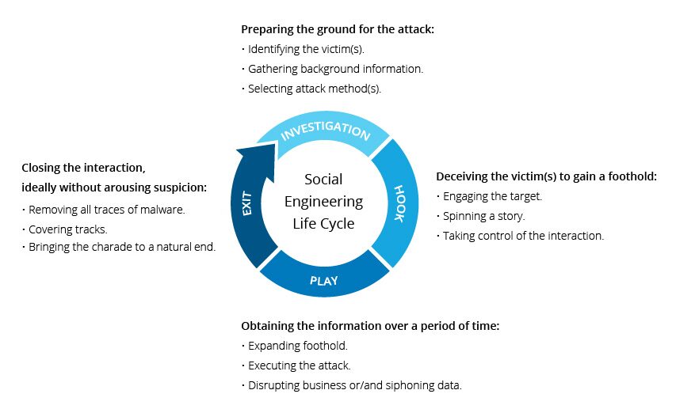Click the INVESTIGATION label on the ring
[326, 131]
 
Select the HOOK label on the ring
[399, 204]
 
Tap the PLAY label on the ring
[324, 280]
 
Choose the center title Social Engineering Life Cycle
[323, 202]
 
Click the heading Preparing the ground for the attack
[338, 29]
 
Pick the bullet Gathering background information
[335, 69]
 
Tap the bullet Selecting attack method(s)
[315, 89]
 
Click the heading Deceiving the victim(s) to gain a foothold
[547, 176]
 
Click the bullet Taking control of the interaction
[523, 236]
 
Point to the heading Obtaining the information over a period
[370, 326]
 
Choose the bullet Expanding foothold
[297, 346]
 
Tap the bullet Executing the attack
[299, 365]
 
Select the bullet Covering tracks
[67, 229]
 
